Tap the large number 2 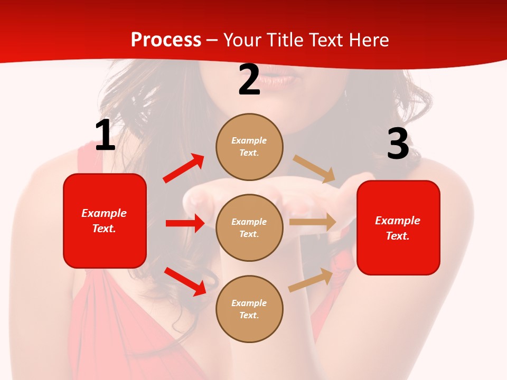(249, 80)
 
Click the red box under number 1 (105, 221)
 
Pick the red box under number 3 (398, 227)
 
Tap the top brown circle (249, 147)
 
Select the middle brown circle (249, 227)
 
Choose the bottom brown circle (249, 309)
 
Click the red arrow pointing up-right (184, 168)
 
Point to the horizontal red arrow (185, 223)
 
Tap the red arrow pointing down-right (185, 281)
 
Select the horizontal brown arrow (313, 222)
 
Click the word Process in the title (166, 40)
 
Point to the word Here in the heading (369, 40)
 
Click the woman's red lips (277, 79)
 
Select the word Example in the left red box (104, 213)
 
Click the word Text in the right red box (397, 236)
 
